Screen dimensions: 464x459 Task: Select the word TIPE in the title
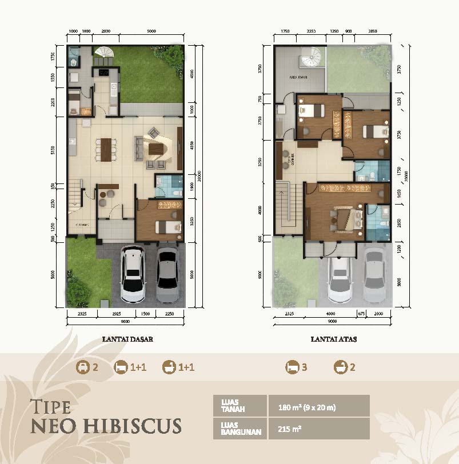click(x=50, y=407)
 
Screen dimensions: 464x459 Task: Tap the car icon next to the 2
click(x=83, y=367)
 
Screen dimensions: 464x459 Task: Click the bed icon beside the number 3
click(x=293, y=367)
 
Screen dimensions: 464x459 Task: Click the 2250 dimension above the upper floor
click(x=311, y=32)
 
